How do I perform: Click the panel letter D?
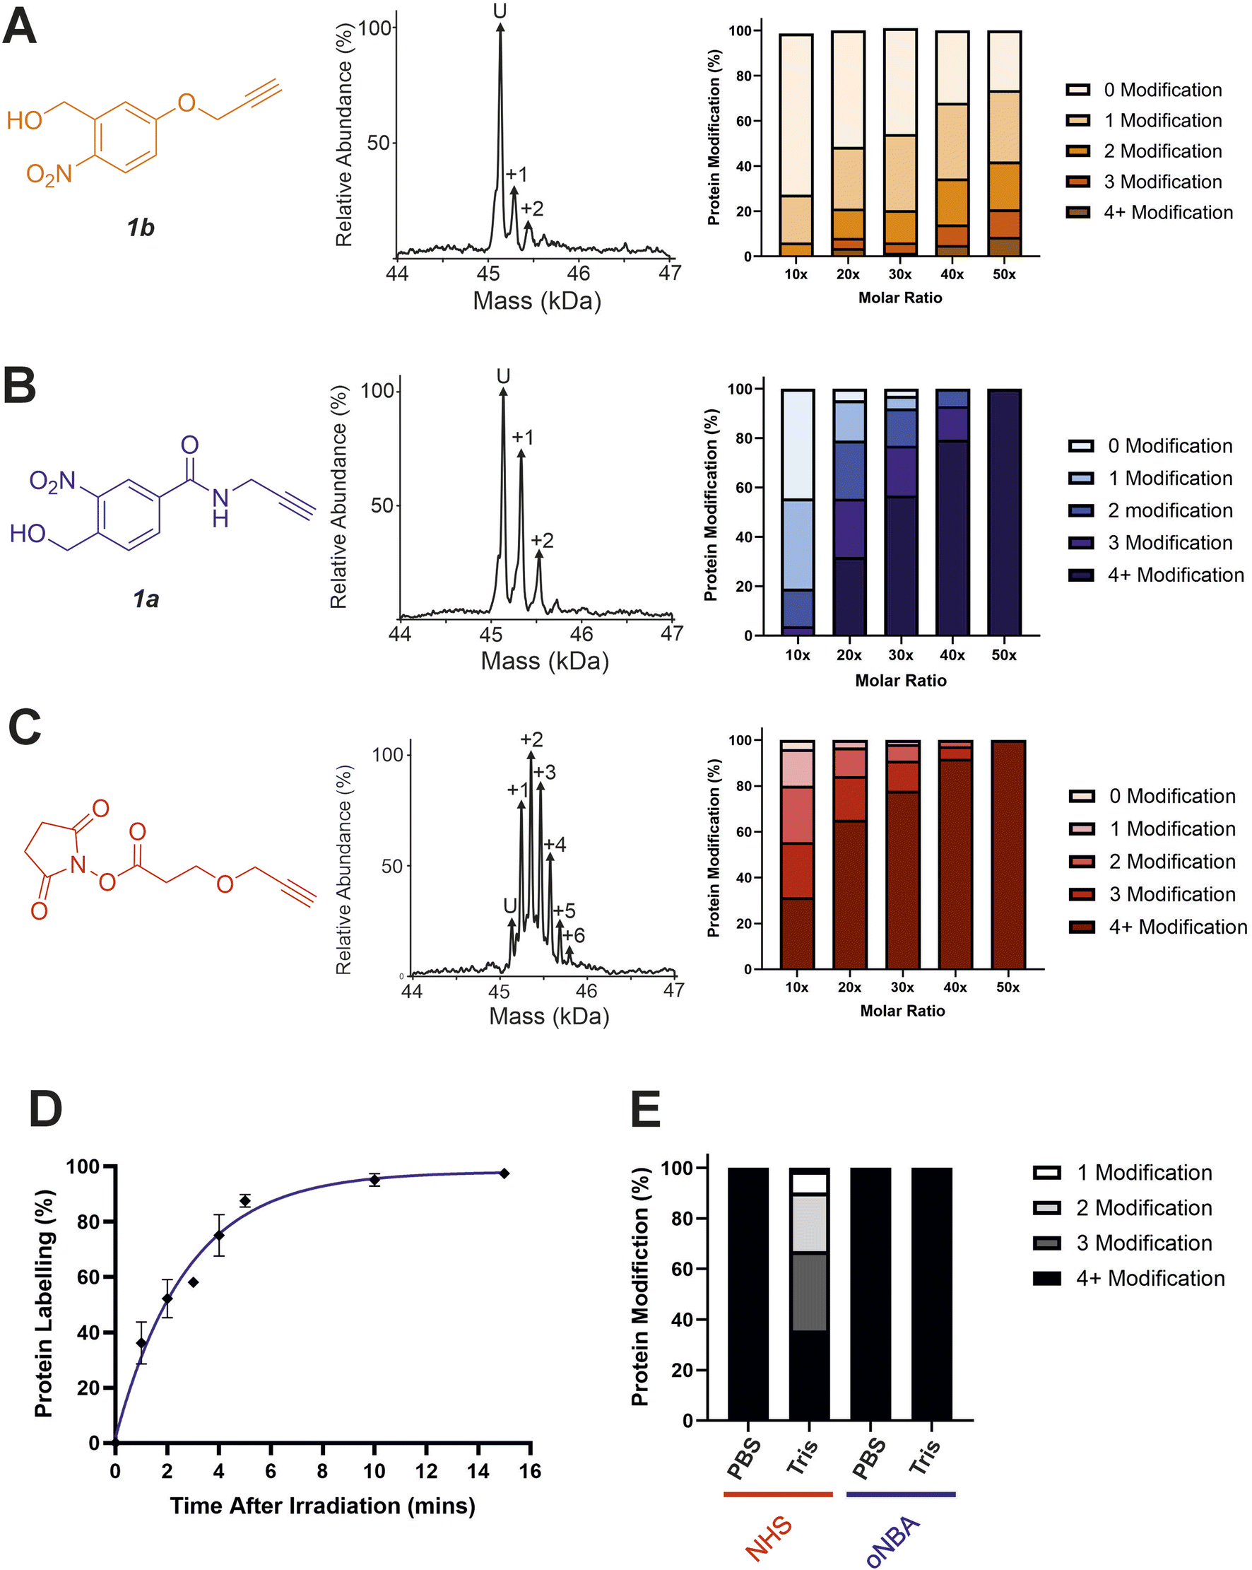[45, 1109]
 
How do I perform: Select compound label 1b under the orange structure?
[140, 228]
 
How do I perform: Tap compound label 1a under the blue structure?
[146, 599]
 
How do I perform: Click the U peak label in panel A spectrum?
[500, 11]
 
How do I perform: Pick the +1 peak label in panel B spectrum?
[523, 437]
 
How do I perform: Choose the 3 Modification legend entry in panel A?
[1162, 182]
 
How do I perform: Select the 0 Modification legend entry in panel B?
[1169, 445]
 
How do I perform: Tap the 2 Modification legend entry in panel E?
[1143, 1207]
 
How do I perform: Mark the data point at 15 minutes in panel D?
[504, 1173]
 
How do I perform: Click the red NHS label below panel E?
[769, 1537]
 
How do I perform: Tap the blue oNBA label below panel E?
[892, 1538]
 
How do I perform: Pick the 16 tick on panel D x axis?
[530, 1472]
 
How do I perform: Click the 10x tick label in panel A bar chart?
[796, 274]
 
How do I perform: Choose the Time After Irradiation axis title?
[322, 1506]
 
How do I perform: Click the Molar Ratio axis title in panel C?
[902, 1011]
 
